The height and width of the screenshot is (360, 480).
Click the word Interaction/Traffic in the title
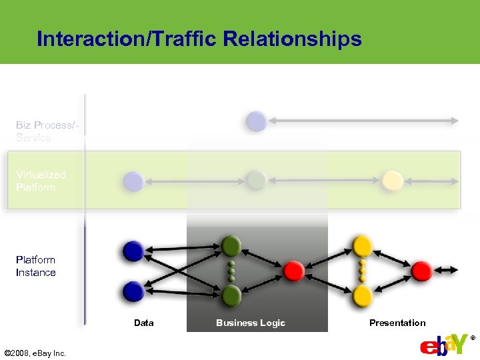pyautogui.click(x=127, y=39)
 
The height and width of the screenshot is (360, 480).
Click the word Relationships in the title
pyautogui.click(x=293, y=39)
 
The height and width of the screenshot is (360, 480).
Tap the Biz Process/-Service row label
pyautogui.click(x=44, y=131)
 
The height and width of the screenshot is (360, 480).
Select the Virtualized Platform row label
pyautogui.click(x=41, y=181)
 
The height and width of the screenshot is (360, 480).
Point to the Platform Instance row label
pyautogui.click(x=36, y=266)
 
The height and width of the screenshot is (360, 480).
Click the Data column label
pyautogui.click(x=143, y=323)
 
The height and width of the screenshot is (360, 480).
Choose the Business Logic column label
pyautogui.click(x=250, y=323)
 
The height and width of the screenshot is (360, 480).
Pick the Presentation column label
pyautogui.click(x=397, y=323)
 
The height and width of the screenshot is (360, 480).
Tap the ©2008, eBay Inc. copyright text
pyautogui.click(x=35, y=353)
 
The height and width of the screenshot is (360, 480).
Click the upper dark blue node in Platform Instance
pyautogui.click(x=133, y=251)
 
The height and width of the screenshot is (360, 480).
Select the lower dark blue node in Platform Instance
pyautogui.click(x=133, y=291)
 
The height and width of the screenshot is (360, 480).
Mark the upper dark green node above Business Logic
pyautogui.click(x=231, y=246)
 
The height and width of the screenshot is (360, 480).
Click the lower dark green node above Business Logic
pyautogui.click(x=231, y=294)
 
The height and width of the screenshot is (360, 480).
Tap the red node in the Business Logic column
pyautogui.click(x=294, y=271)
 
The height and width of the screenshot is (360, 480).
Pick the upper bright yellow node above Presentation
pyautogui.click(x=362, y=246)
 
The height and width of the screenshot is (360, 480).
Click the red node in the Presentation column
pyautogui.click(x=421, y=271)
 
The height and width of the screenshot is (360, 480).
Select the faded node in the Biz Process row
pyautogui.click(x=256, y=121)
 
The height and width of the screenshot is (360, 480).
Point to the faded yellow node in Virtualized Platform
pyautogui.click(x=392, y=180)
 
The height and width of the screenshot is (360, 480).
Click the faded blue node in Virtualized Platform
pyautogui.click(x=133, y=181)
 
